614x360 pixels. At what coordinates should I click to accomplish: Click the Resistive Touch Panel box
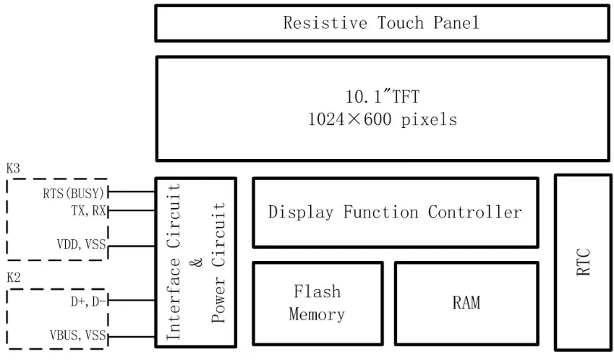click(x=381, y=23)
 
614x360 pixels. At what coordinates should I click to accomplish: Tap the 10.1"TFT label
click(x=383, y=96)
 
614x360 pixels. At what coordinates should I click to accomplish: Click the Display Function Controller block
click(x=395, y=213)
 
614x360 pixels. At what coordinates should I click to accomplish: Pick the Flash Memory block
click(x=317, y=303)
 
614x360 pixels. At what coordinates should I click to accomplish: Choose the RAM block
click(x=466, y=303)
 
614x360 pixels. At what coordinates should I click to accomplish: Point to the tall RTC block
click(x=582, y=262)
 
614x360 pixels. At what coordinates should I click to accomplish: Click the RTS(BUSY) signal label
click(x=73, y=192)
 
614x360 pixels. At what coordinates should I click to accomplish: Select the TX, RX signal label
click(x=88, y=210)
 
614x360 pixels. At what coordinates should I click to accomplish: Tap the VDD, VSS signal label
click(x=81, y=245)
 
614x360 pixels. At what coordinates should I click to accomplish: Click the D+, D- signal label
click(x=88, y=302)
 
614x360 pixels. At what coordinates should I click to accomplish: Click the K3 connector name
click(x=13, y=168)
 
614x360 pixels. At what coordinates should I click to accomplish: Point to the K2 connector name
click(x=13, y=278)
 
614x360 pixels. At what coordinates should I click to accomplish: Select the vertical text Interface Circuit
click(x=174, y=262)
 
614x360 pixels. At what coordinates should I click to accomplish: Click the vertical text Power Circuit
click(x=219, y=262)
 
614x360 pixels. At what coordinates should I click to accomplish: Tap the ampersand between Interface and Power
click(x=197, y=262)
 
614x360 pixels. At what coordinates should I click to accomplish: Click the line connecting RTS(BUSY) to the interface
click(x=131, y=192)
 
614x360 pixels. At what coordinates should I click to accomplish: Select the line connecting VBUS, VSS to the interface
click(x=131, y=336)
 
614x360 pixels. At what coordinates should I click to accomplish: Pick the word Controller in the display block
click(x=474, y=213)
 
